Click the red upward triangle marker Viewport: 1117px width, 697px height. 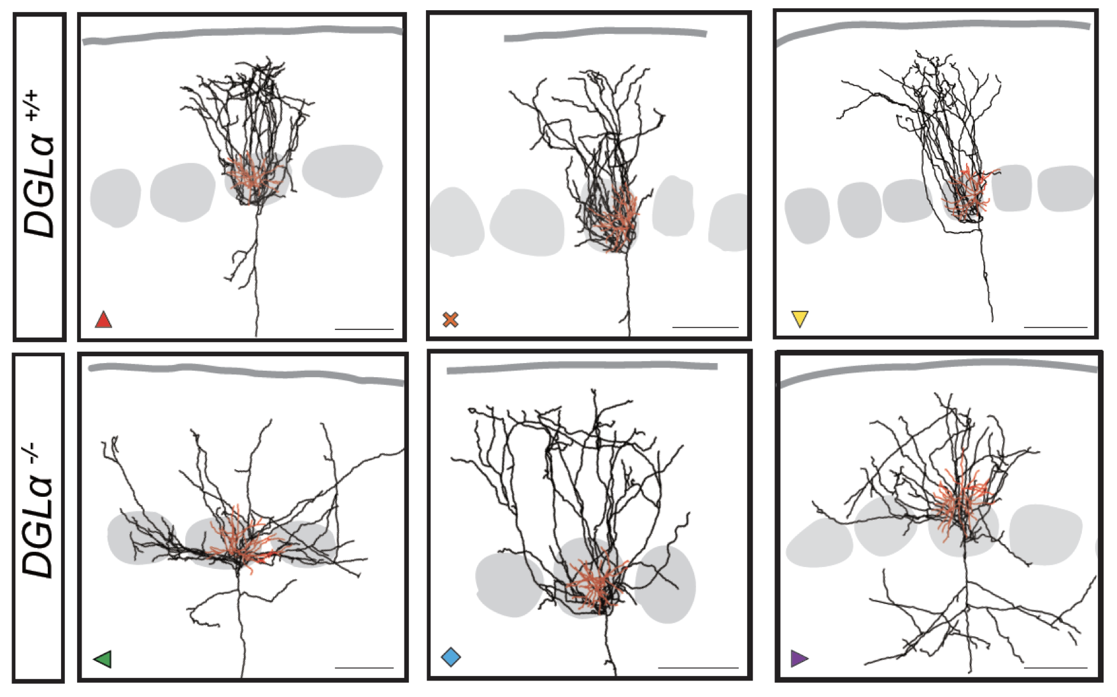tap(103, 319)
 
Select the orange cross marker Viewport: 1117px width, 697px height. tap(450, 319)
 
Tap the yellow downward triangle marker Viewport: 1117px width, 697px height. tap(799, 319)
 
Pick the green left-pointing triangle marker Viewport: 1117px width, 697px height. tap(103, 659)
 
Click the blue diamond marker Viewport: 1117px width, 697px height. tap(451, 657)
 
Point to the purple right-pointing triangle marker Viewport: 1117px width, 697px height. tap(799, 658)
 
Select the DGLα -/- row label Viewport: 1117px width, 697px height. tap(38, 510)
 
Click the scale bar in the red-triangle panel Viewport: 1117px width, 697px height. tap(364, 329)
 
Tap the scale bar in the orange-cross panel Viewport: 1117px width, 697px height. tap(705, 327)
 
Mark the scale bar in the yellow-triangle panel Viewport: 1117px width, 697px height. tap(1055, 327)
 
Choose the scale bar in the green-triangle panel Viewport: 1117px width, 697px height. tap(364, 667)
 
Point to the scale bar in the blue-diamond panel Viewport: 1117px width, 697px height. tap(698, 667)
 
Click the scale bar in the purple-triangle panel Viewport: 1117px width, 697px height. tap(1055, 667)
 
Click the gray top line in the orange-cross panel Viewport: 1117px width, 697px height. tap(606, 33)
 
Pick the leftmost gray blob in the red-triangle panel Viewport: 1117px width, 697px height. tap(115, 198)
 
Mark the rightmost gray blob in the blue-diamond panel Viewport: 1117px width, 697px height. tap(666, 584)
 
